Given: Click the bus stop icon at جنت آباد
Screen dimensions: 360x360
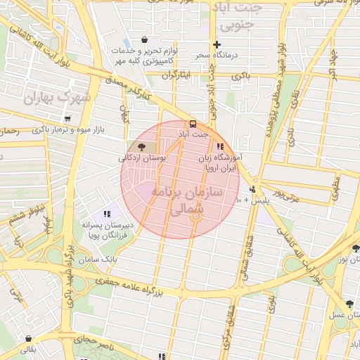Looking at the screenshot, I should [194, 123].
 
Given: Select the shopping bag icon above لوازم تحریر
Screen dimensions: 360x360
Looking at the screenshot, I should [144, 40].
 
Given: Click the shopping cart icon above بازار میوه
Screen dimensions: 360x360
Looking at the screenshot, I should [67, 119].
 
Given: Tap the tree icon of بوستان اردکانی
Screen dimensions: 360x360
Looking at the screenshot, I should [142, 146].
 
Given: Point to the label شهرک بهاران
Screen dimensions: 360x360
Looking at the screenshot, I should [49, 97].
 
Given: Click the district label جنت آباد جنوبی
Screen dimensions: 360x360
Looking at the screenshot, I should [239, 18].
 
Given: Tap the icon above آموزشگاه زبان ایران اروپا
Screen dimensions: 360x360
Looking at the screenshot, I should [220, 147].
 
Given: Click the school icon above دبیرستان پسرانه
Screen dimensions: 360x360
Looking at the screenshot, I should [107, 213].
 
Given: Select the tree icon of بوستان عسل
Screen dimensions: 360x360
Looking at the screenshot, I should [349, 304].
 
